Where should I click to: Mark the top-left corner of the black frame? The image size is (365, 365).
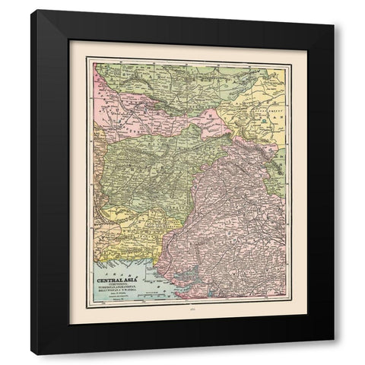[x=32, y=11]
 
